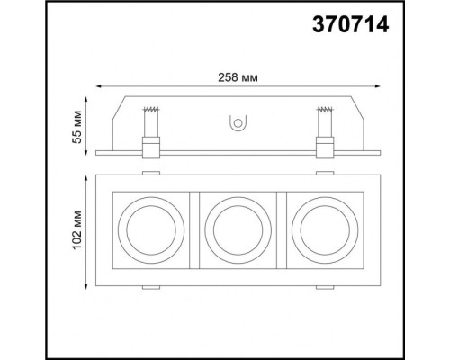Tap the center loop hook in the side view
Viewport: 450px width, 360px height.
point(238,122)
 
